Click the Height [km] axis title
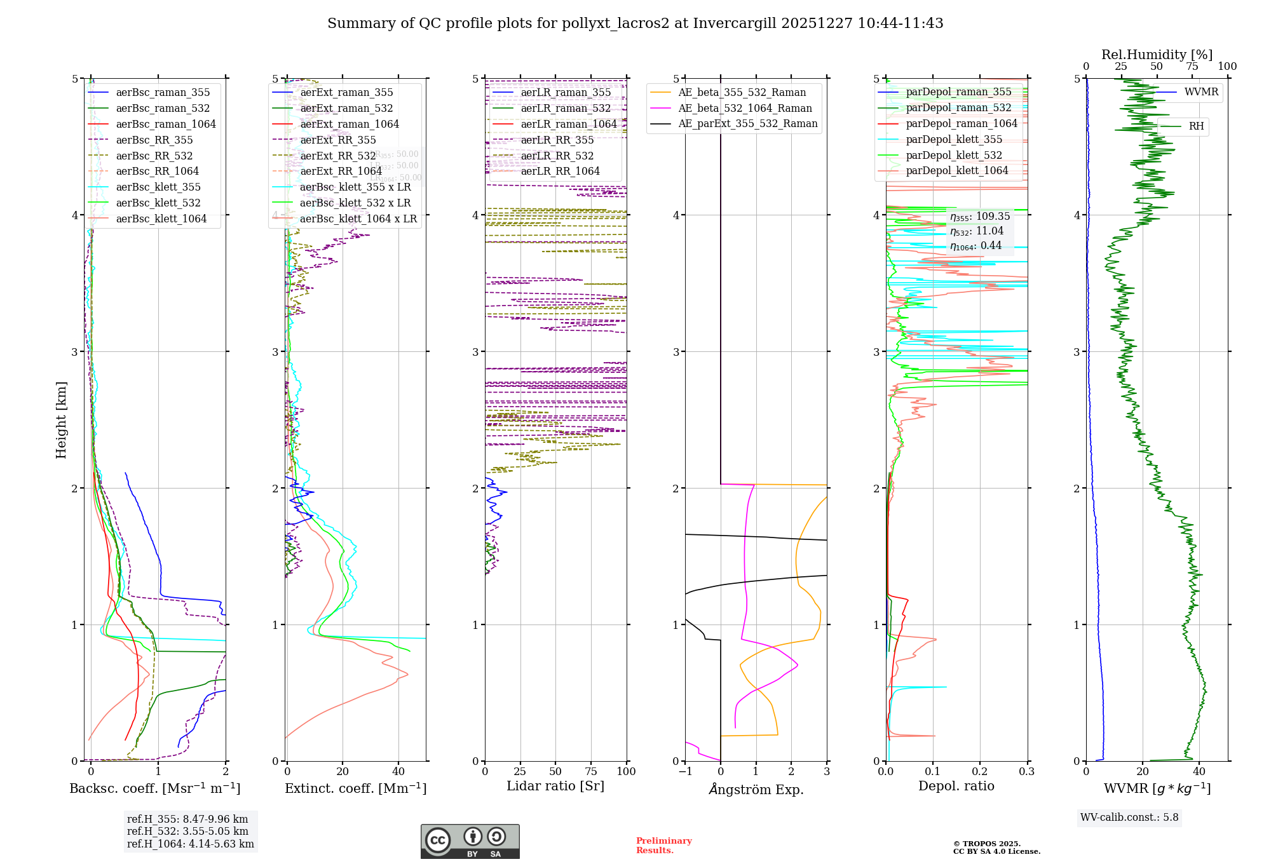tap(61, 420)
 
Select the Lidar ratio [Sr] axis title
tap(555, 786)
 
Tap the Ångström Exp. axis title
tap(756, 790)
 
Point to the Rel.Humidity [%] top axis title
tap(1157, 55)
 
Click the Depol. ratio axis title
tap(956, 786)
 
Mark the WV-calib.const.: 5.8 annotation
tap(1129, 818)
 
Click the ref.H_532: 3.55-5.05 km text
tap(187, 832)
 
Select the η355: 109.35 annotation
tap(979, 217)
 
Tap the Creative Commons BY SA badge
tap(470, 841)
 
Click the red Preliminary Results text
tap(663, 846)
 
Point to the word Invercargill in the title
tap(734, 24)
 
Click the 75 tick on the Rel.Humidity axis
tap(1192, 67)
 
